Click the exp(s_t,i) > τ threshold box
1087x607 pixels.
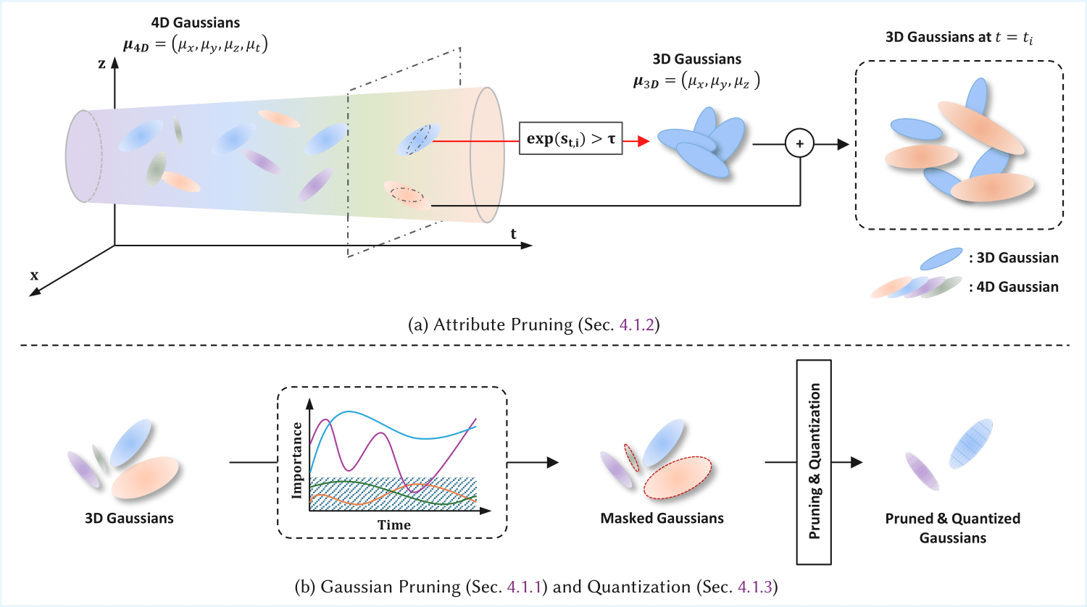tap(570, 138)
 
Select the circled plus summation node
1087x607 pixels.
tap(799, 144)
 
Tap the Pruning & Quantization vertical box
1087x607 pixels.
tap(814, 461)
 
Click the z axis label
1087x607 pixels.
tap(102, 64)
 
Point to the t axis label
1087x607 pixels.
tap(513, 233)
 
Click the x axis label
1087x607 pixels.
tap(34, 275)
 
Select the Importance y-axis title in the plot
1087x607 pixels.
tap(296, 461)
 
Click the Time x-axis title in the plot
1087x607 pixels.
tap(393, 525)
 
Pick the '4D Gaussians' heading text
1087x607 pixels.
tap(196, 23)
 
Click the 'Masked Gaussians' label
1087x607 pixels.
tap(662, 519)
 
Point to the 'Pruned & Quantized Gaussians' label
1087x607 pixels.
tap(952, 528)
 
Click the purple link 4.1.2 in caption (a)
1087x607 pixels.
tap(637, 325)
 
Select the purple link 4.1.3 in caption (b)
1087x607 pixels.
tap(755, 587)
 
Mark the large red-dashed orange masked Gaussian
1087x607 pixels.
tap(678, 477)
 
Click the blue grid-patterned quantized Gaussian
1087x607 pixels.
tap(971, 443)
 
